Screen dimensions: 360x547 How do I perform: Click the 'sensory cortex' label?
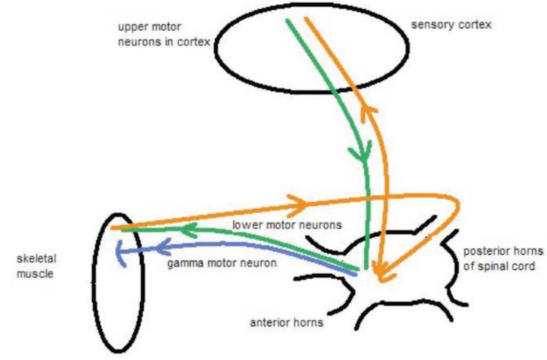tap(451, 25)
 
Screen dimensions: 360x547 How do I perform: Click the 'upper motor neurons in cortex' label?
tap(164, 34)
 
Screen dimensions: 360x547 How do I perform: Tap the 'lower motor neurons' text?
tap(287, 225)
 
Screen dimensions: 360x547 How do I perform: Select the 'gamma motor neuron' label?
tap(222, 263)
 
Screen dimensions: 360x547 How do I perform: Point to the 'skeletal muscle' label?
tap(36, 266)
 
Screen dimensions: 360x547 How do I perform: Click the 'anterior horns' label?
tap(286, 323)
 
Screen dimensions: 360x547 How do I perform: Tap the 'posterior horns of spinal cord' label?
tap(503, 259)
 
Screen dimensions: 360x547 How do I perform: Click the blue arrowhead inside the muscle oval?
tap(120, 253)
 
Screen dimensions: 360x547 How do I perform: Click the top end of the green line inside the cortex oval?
tap(287, 21)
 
